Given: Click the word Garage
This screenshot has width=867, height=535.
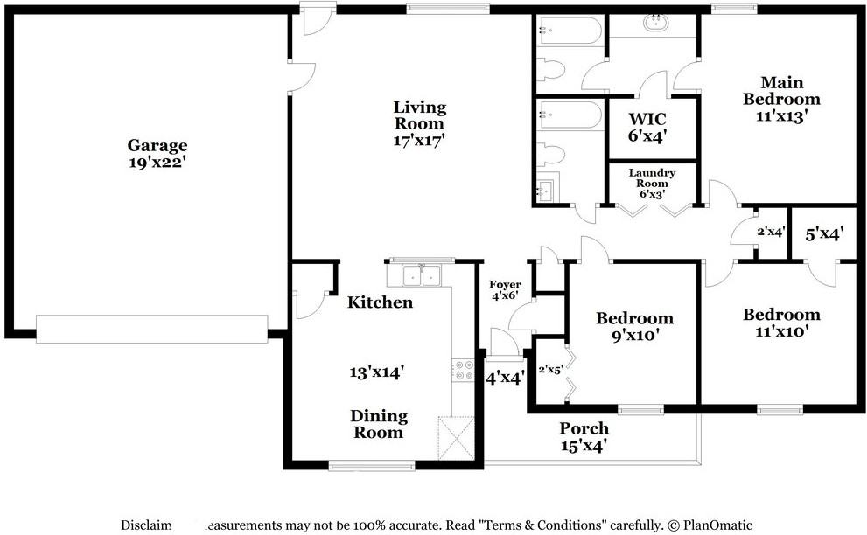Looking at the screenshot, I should [157, 145].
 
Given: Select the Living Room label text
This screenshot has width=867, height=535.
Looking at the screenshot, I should [419, 115].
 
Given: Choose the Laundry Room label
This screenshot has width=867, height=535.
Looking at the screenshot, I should [652, 178].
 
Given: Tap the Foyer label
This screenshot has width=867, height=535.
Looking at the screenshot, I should [506, 285].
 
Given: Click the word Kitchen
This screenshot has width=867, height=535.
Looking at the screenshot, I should [380, 302].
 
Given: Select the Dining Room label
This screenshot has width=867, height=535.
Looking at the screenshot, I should [379, 424].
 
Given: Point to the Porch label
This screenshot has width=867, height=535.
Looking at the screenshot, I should [584, 429].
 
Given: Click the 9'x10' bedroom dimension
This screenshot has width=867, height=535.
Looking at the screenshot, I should [634, 334].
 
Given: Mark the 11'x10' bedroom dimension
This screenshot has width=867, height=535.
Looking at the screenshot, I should [781, 331].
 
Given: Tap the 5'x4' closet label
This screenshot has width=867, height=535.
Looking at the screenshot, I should [822, 234].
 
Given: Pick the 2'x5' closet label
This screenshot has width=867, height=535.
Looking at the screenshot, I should [549, 370].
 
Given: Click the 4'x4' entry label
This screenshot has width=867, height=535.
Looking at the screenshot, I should [505, 379].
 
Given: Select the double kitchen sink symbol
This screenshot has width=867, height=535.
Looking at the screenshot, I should [422, 275].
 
